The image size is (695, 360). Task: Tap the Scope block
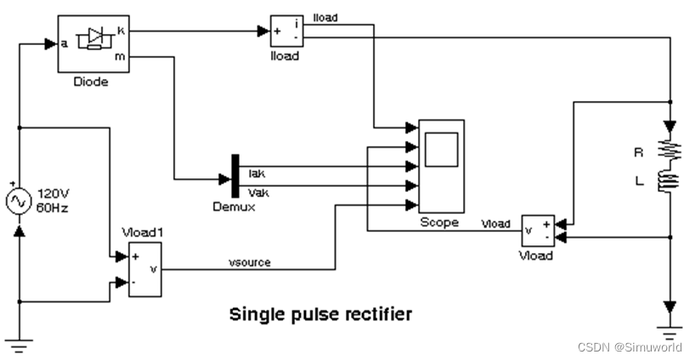tap(440, 166)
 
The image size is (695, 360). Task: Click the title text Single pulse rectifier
tap(320, 314)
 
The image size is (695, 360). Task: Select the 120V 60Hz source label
tap(51, 202)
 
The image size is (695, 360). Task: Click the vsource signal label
tap(251, 262)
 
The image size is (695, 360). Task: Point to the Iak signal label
tap(256, 173)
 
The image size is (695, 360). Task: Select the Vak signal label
tap(257, 191)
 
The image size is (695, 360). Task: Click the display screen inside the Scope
tap(440, 150)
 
